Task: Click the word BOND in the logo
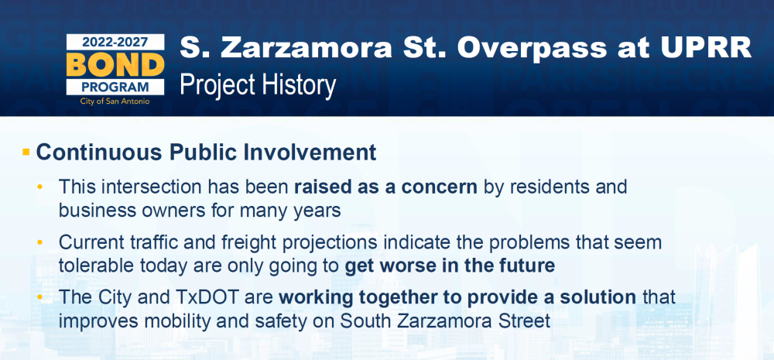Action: coord(115,64)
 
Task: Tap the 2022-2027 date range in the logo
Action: coord(115,43)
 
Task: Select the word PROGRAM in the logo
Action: coord(115,87)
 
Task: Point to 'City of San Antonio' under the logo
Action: coord(115,101)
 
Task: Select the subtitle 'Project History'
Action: coord(258,85)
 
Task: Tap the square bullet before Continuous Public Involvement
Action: coord(26,152)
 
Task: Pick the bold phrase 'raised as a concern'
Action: coord(385,187)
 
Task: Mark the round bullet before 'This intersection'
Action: coord(40,187)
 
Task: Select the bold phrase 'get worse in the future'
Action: coord(450,266)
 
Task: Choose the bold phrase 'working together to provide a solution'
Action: coord(457,298)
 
